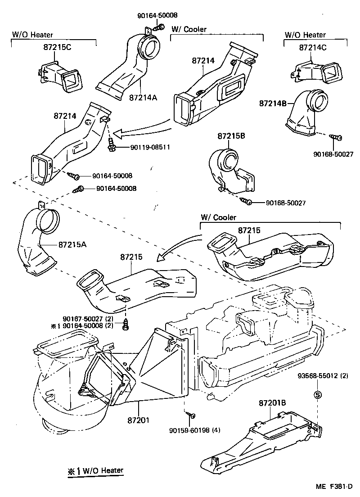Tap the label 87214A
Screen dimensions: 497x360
tap(143, 97)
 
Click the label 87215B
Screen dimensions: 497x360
tap(232, 136)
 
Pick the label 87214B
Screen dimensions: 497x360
tap(273, 103)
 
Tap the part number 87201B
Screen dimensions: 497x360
tap(272, 403)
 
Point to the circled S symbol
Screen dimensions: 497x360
tap(318, 395)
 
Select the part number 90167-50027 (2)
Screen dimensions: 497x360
tap(88, 319)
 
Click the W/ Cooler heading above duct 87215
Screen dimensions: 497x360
tap(218, 217)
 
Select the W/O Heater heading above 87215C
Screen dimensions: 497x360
tap(32, 34)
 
